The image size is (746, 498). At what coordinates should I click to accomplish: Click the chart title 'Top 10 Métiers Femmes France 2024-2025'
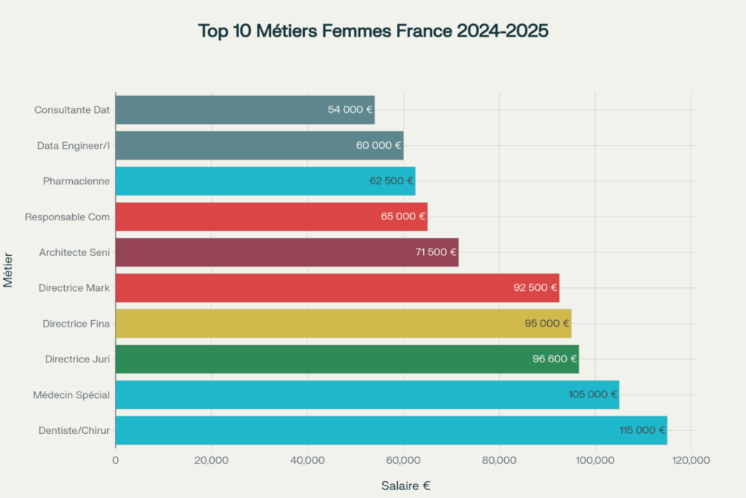click(x=373, y=31)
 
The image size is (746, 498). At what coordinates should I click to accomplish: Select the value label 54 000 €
click(x=350, y=110)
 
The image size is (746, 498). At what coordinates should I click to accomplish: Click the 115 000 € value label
click(x=643, y=430)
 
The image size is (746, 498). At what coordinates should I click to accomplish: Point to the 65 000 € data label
click(x=403, y=217)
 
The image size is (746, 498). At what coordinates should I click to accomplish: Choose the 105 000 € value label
click(x=593, y=394)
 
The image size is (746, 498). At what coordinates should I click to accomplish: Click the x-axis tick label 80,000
click(x=500, y=460)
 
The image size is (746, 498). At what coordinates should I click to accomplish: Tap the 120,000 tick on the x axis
click(x=691, y=460)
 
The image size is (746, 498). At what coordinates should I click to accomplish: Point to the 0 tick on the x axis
click(x=116, y=460)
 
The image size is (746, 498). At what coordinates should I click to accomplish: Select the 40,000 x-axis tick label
click(x=307, y=460)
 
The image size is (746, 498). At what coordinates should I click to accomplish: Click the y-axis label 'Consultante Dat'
click(x=72, y=110)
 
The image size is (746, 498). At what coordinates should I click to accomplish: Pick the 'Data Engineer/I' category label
click(x=74, y=146)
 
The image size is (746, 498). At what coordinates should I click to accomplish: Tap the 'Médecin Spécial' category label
click(x=71, y=394)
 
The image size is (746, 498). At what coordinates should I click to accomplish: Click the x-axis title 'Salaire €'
click(x=406, y=486)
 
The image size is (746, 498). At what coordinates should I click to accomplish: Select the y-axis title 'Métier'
click(x=9, y=270)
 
